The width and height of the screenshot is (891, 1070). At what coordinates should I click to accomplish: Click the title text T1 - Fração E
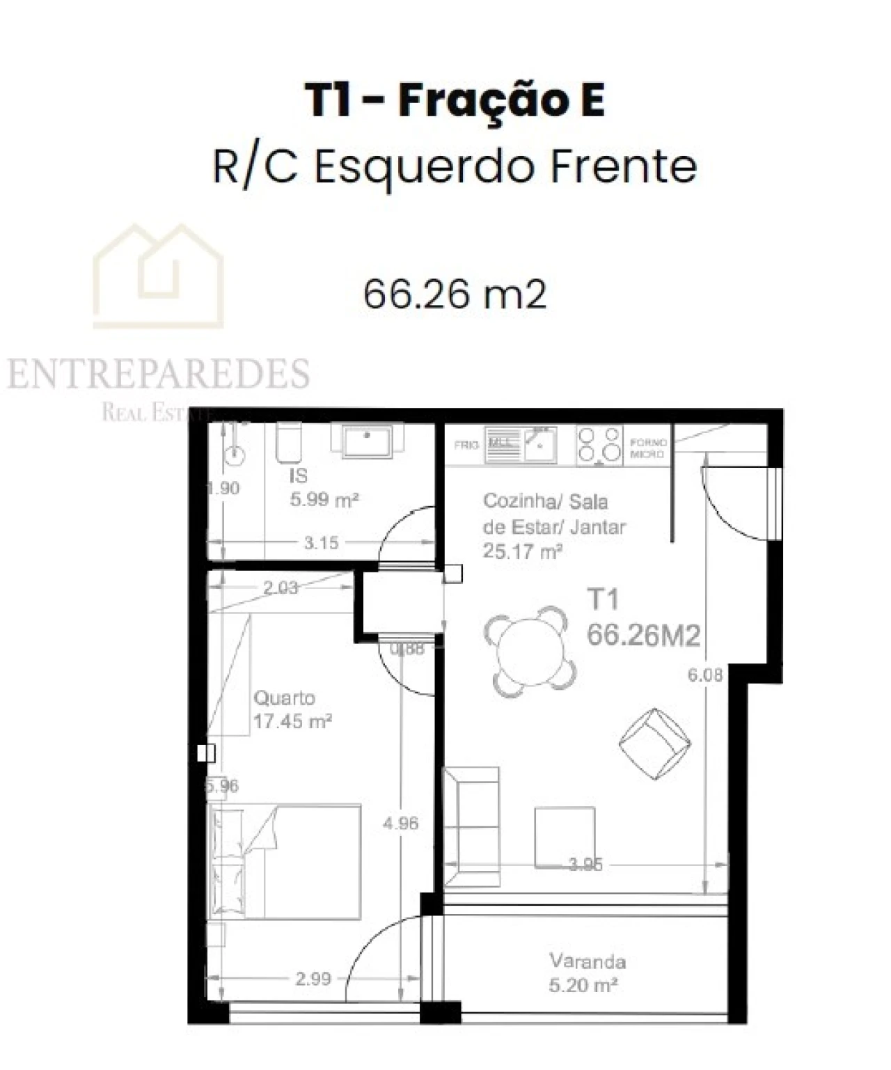[455, 102]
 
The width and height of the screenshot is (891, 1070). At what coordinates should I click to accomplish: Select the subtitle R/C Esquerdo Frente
[455, 167]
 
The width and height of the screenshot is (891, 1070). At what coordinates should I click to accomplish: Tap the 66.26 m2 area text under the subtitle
[455, 294]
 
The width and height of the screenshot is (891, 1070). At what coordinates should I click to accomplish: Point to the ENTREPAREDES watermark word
[159, 374]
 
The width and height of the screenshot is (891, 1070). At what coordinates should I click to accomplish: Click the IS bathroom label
[299, 476]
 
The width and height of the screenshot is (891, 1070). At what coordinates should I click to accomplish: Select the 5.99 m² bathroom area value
[324, 500]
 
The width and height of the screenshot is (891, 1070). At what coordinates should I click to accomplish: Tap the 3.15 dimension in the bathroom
[321, 542]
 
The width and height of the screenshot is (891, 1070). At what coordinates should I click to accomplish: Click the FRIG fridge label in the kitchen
[466, 445]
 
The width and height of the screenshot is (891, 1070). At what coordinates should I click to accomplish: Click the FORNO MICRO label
[648, 448]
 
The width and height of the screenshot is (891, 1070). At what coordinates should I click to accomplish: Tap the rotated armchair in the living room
[655, 743]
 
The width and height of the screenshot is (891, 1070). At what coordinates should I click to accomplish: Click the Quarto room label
[284, 698]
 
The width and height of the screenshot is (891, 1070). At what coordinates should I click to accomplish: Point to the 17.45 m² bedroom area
[292, 721]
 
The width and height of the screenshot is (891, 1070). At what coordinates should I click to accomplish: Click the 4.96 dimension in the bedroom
[401, 824]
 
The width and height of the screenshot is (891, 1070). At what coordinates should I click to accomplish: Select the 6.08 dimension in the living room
[705, 675]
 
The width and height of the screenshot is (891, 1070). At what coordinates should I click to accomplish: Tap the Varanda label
[588, 961]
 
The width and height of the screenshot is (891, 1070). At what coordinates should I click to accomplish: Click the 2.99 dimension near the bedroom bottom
[313, 979]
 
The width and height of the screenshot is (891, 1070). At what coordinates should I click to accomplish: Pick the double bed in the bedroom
[285, 861]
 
